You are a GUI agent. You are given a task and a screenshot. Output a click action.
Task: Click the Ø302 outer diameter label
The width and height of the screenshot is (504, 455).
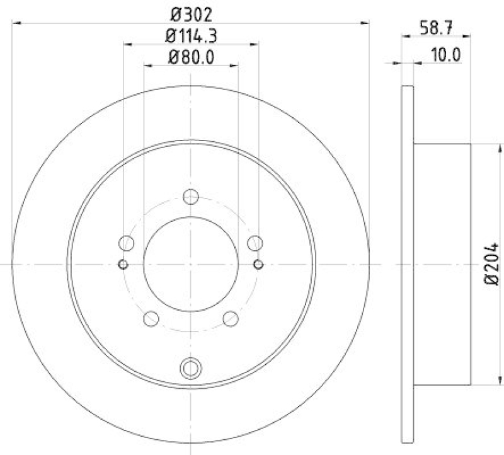(191, 13)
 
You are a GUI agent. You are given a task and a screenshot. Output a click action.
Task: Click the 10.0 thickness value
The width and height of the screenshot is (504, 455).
(446, 55)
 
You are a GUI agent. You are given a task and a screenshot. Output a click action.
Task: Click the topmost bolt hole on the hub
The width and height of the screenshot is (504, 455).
(190, 197)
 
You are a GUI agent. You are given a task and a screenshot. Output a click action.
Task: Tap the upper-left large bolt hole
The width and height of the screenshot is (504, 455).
(127, 243)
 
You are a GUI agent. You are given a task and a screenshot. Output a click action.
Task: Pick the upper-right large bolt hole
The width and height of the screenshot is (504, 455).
(255, 243)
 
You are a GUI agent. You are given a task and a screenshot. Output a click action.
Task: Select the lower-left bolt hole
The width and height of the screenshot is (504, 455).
(151, 318)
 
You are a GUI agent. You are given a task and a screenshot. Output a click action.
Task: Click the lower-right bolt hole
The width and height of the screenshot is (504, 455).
(231, 318)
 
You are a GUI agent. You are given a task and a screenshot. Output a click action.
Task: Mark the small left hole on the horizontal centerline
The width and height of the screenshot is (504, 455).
(123, 263)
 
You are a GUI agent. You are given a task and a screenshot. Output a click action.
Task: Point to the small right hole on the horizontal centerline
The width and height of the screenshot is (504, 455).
(258, 263)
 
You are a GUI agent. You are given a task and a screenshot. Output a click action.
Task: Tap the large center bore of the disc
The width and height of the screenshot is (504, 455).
(190, 263)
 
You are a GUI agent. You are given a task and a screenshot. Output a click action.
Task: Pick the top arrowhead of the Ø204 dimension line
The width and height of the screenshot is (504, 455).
(501, 147)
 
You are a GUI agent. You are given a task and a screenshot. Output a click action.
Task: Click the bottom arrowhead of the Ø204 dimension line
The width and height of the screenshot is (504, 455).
(501, 381)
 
